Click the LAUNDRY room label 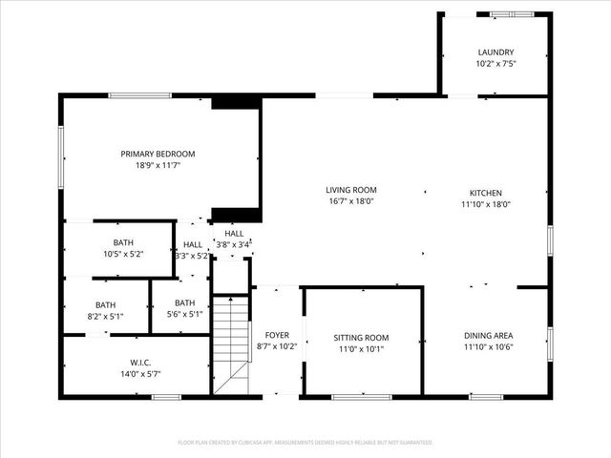coord(495,52)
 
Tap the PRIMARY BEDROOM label coord(158,154)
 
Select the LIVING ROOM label coord(351,190)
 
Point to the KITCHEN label coord(485,193)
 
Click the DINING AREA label coord(488,335)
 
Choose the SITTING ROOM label coord(361,338)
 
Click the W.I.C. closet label coord(140,363)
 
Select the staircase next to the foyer coord(230,343)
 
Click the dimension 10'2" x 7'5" coord(495,64)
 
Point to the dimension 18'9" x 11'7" coord(158,165)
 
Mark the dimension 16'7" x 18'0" coord(351,201)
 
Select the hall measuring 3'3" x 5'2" coord(193,250)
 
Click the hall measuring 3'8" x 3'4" coord(234,239)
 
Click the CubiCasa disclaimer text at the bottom coord(305,443)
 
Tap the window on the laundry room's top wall coord(512,14)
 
